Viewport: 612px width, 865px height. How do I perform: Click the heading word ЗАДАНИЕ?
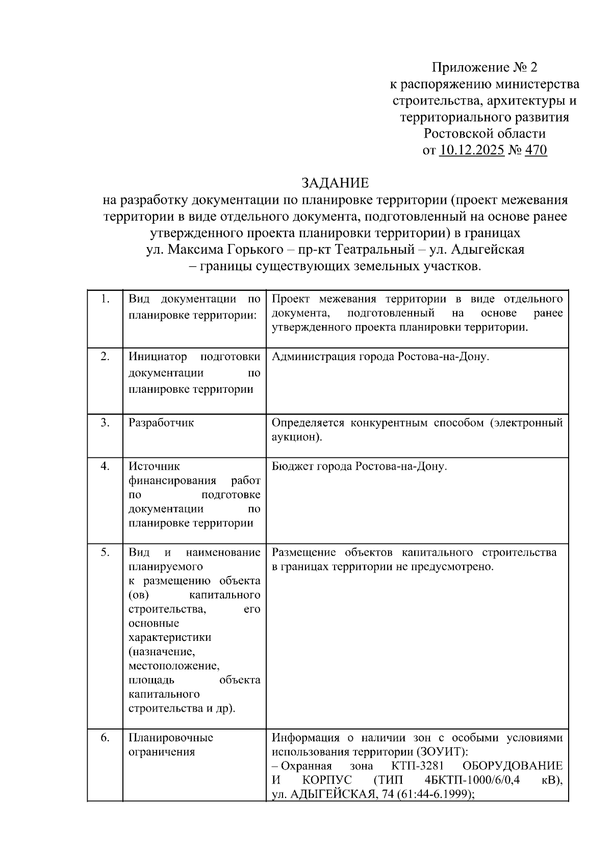[335, 183]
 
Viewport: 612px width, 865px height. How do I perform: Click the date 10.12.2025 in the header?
[472, 150]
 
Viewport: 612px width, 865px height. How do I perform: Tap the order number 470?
[535, 150]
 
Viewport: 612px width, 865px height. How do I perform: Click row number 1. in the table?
[105, 299]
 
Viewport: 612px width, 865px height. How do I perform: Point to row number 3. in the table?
[105, 423]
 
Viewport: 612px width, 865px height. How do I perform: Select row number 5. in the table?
[105, 552]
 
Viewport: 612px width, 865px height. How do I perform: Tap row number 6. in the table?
[105, 738]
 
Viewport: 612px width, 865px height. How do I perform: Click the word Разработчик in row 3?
[161, 423]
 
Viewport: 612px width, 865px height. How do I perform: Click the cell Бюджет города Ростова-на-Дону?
[359, 466]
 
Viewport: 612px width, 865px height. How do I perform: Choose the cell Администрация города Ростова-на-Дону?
[380, 357]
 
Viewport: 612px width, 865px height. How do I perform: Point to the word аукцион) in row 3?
[296, 437]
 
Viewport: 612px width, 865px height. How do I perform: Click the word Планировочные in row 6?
[171, 738]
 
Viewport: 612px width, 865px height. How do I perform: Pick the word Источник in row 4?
[154, 466]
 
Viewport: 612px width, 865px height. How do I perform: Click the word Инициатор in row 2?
[158, 357]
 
